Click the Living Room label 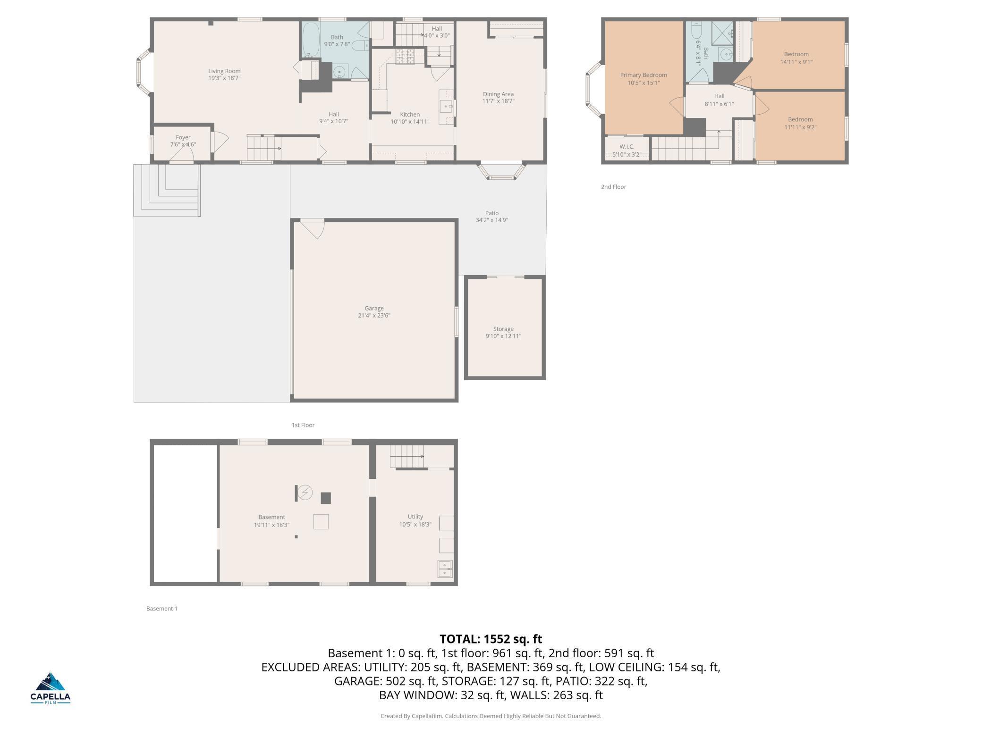224,71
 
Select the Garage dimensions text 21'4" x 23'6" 374,316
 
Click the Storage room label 503,329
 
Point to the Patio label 491,213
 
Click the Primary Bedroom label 643,75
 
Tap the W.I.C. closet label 626,147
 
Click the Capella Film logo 51,688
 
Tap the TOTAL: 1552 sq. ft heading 491,639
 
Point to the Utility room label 415,517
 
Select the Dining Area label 498,94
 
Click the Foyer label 183,138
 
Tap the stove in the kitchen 405,57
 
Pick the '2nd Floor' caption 613,187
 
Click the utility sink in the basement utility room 445,569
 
